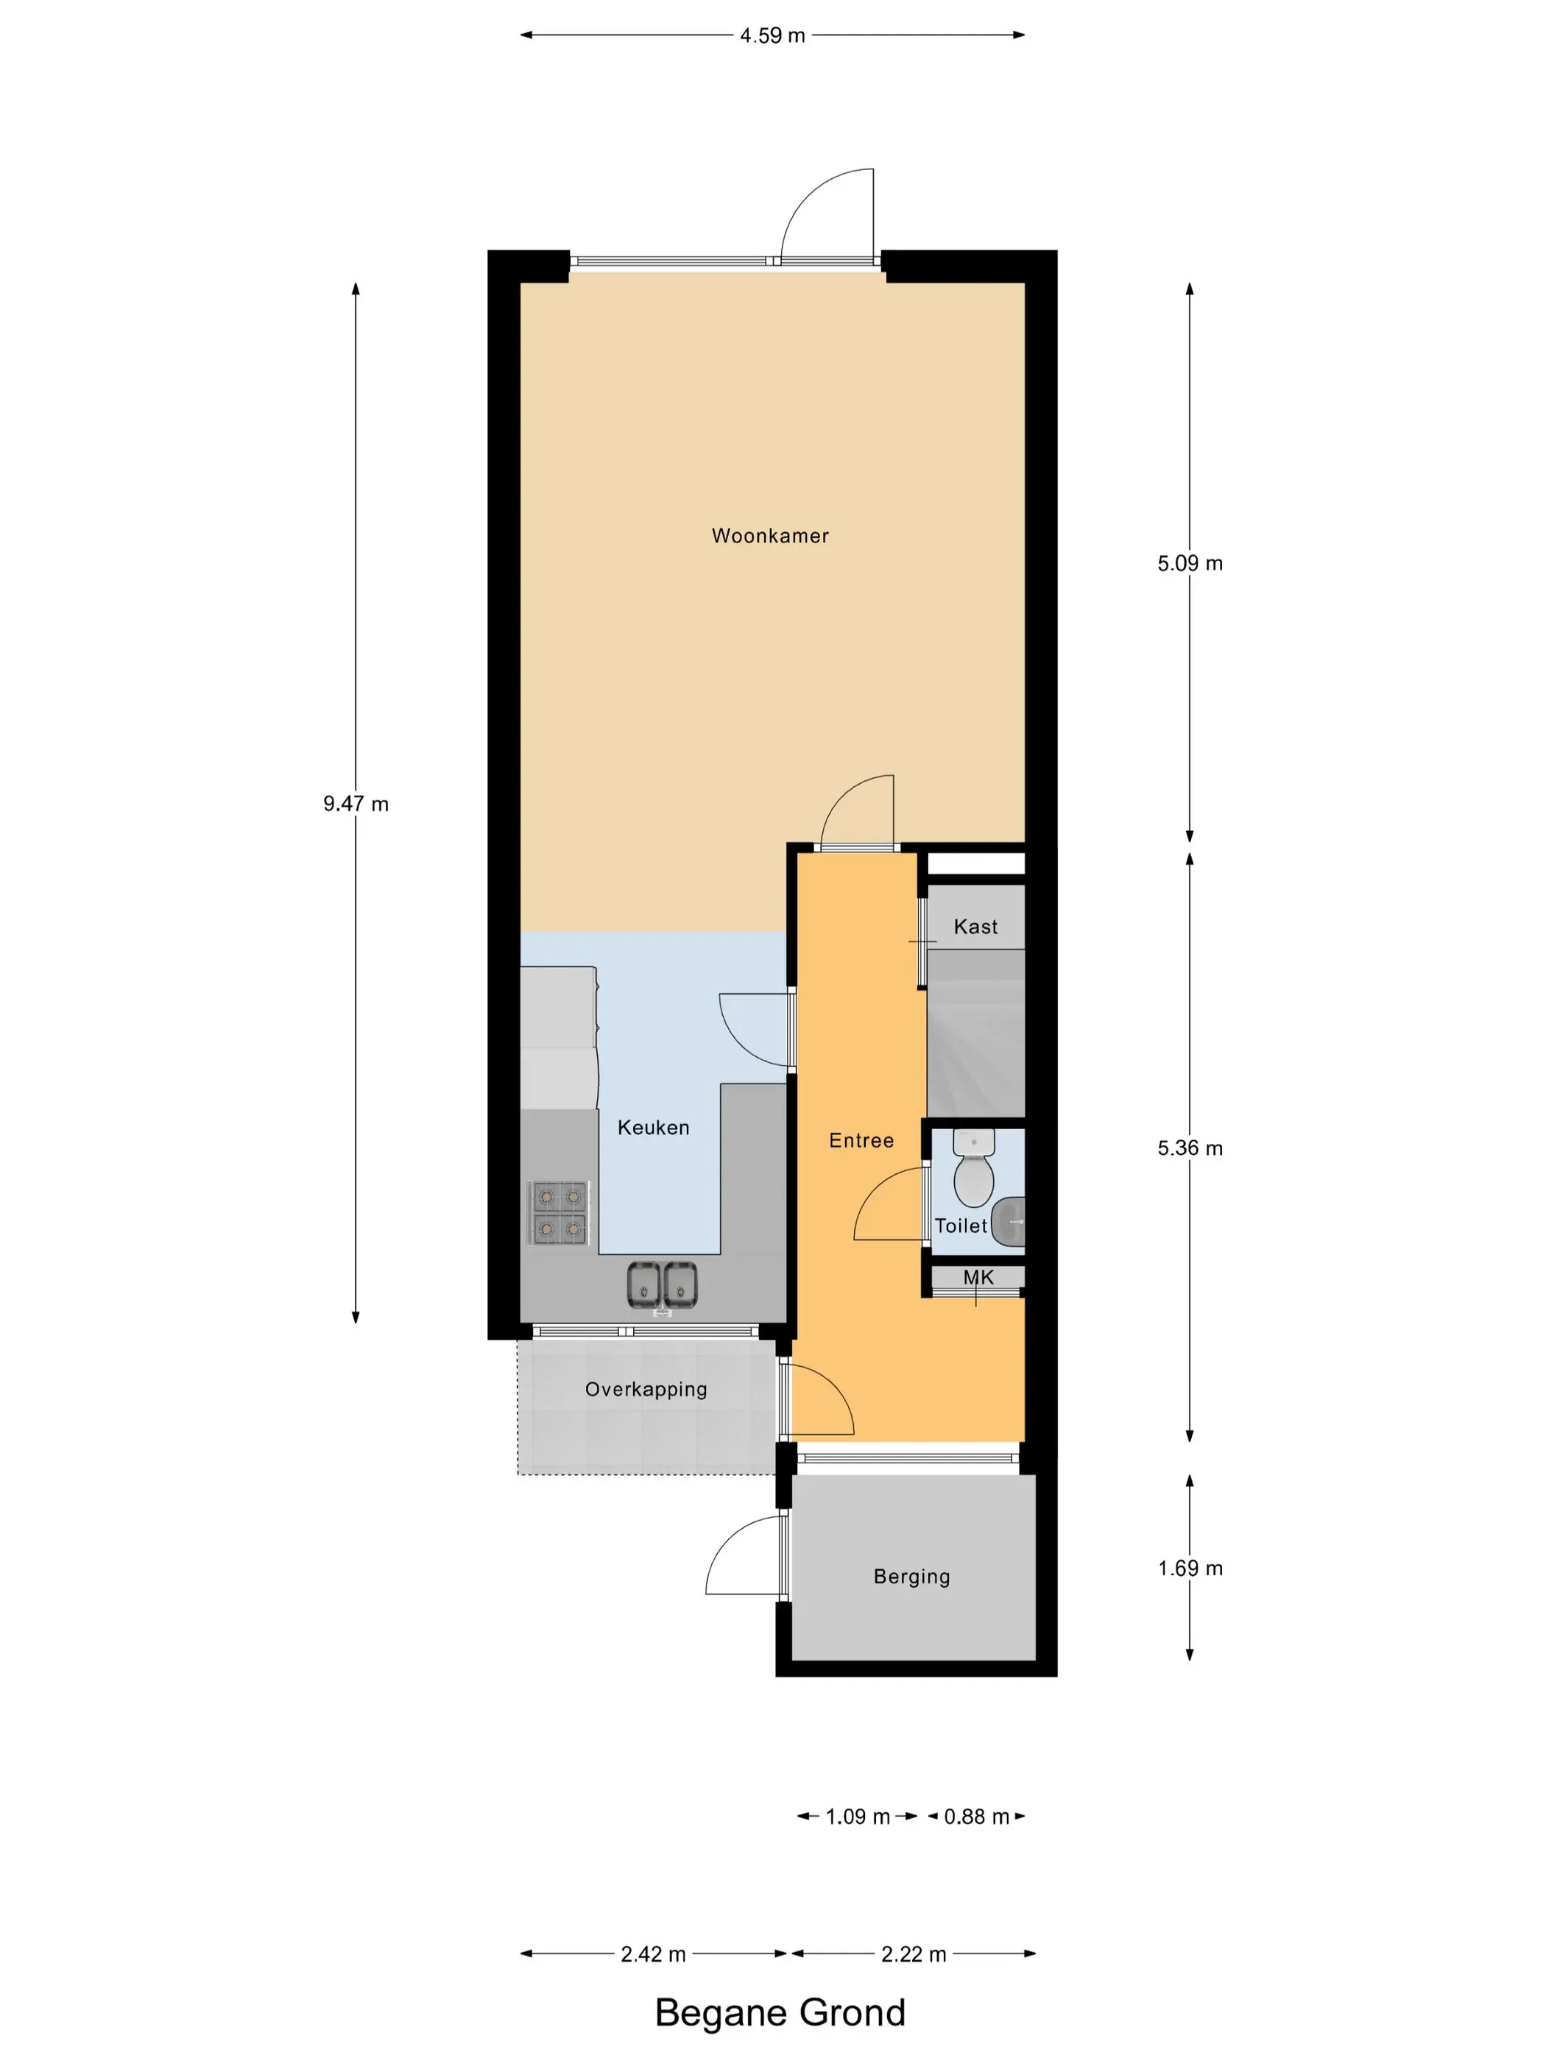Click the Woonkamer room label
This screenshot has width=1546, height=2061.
[770, 536]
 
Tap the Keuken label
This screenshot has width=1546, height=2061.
[653, 1128]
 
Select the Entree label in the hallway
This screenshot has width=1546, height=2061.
[861, 1140]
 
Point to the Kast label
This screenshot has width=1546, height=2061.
[975, 926]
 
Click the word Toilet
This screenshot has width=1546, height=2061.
[961, 1226]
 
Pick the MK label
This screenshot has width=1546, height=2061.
[978, 1277]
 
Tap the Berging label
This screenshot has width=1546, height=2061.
[911, 1577]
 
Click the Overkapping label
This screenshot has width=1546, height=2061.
[646, 1389]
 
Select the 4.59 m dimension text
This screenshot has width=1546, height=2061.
[772, 35]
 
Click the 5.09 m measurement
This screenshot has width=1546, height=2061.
[1190, 563]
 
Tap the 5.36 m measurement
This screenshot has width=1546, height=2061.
[1190, 1148]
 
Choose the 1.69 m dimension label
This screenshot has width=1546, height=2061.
[1190, 1568]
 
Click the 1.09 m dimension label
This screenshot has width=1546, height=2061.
[858, 1817]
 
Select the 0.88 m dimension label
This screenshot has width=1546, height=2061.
[977, 1817]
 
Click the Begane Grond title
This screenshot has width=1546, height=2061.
[780, 2012]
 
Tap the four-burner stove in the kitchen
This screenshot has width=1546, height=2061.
[559, 1213]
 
